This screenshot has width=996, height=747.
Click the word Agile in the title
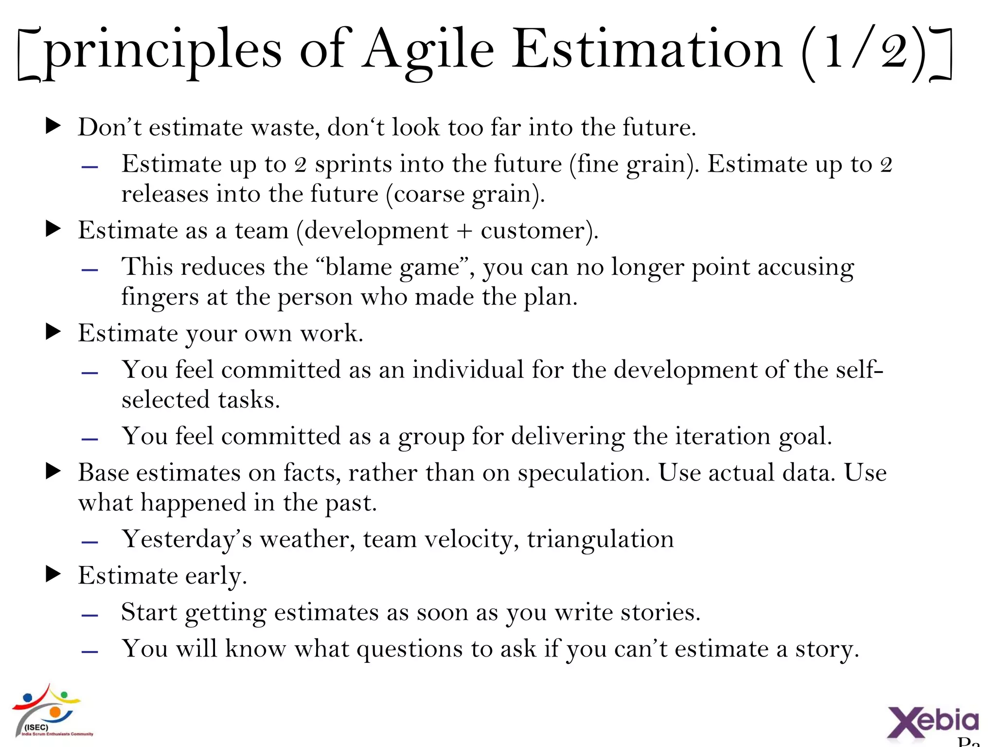[428, 51]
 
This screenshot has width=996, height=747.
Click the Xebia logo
[933, 721]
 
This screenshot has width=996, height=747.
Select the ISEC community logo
[49, 711]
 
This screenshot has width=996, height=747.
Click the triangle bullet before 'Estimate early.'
[53, 574]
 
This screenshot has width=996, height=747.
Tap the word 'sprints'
[353, 164]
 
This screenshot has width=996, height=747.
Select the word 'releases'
[165, 194]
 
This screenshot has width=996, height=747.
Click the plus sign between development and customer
[464, 231]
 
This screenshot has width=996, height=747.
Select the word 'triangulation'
[600, 539]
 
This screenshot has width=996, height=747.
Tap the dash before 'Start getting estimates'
[90, 615]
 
